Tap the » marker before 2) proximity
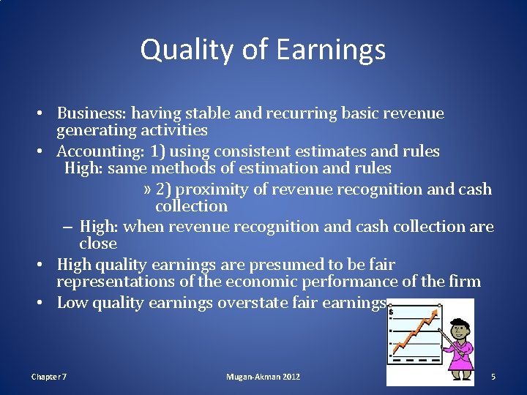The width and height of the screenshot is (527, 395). click(147, 189)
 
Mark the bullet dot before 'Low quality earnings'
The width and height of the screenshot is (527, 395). click(45, 303)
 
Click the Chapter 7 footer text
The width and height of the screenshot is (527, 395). click(49, 377)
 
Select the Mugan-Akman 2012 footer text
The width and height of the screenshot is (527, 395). click(263, 377)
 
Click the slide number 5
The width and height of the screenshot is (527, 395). click(493, 377)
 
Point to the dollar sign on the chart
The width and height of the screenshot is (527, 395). click(392, 312)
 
